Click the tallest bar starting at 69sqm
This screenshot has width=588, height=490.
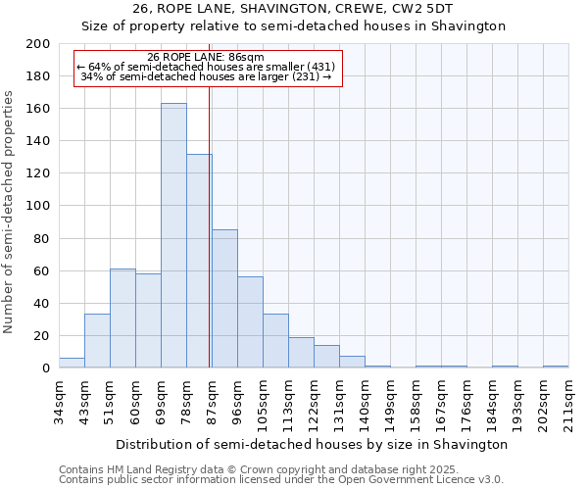[x=173, y=235]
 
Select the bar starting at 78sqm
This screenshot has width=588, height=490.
[x=199, y=261]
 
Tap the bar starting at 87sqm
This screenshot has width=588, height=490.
[x=224, y=299]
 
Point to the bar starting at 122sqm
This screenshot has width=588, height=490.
[x=326, y=357]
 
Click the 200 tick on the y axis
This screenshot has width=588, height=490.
[x=38, y=44]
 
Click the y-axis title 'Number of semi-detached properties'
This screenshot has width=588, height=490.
[x=10, y=212]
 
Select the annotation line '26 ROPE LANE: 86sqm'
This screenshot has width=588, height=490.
[x=205, y=58]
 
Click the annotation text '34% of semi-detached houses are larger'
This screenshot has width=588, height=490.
[x=206, y=75]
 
